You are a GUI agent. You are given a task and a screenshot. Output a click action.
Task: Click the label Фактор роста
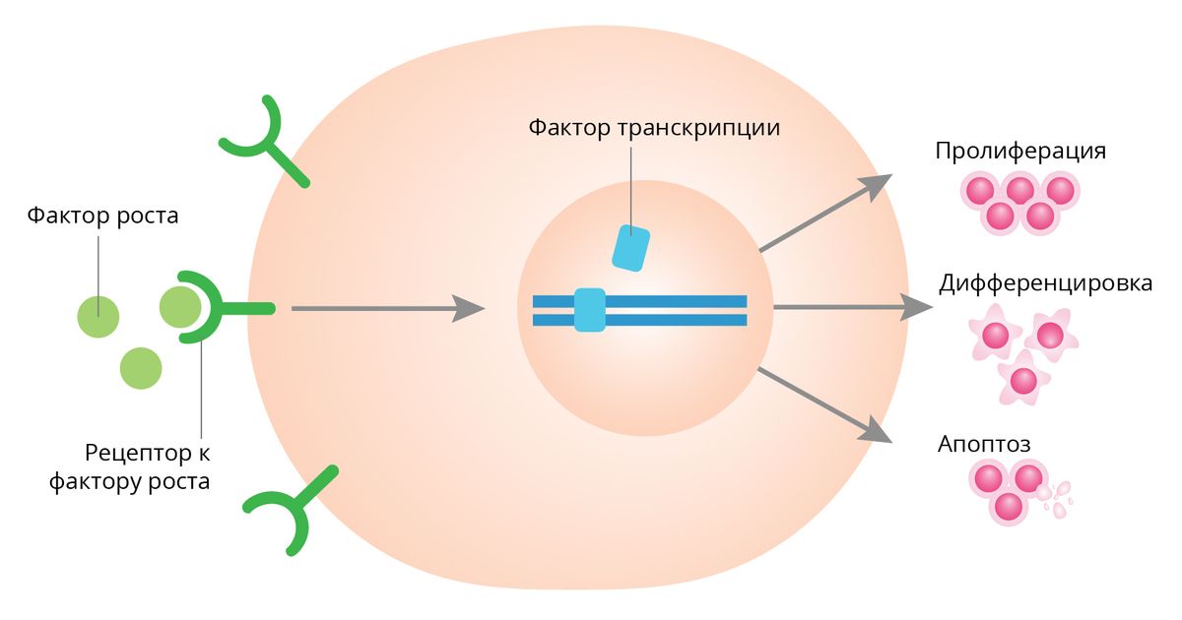102,215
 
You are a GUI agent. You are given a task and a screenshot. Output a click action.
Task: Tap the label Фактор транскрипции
654,129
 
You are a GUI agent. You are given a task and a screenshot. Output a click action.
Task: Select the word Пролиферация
1020,152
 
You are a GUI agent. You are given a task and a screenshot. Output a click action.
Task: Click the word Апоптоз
984,444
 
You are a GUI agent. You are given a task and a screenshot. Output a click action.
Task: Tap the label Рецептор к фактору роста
148,467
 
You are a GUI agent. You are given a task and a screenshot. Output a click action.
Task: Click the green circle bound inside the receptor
180,307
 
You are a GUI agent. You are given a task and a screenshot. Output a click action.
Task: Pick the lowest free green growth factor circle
140,369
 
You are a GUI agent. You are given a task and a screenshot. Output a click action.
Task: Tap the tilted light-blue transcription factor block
630,248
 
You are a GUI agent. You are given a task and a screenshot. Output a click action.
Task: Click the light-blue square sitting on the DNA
590,309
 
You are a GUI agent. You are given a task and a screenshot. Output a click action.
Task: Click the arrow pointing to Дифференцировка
851,308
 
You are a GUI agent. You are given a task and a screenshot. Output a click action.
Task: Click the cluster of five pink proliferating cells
1019,201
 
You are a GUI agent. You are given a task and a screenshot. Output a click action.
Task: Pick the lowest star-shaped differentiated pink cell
1023,380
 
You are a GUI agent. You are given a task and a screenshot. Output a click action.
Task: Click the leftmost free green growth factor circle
98,316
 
